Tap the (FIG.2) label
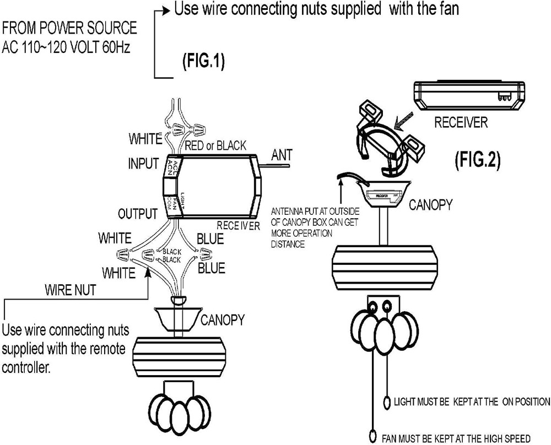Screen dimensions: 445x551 point(477,160)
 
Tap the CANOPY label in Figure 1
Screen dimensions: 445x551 point(223,319)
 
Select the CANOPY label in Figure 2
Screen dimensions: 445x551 point(430,205)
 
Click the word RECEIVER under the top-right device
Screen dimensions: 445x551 point(461,122)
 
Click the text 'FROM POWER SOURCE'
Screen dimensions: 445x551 point(69,28)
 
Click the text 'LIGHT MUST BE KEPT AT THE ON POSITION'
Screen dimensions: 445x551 point(472,401)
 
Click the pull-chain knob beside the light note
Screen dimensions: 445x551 point(387,401)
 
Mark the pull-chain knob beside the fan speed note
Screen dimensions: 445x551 point(375,435)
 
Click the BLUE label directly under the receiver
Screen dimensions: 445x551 point(210,239)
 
